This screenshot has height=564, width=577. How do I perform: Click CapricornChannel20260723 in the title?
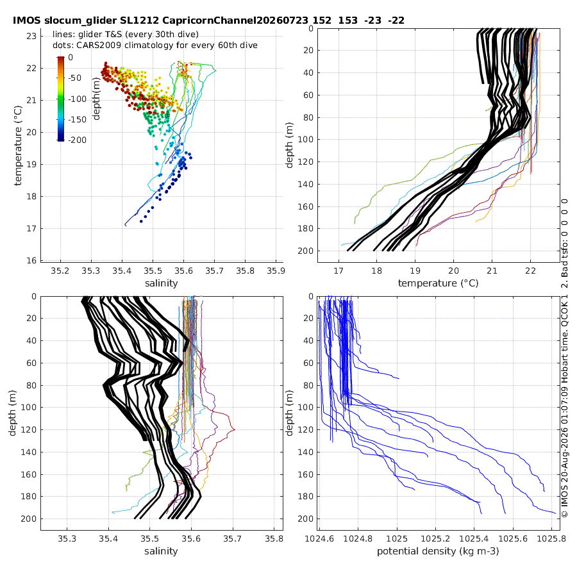tap(235, 21)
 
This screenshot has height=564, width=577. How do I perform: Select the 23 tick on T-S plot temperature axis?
tap(31, 36)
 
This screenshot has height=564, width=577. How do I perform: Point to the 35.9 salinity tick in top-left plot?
tap(276, 270)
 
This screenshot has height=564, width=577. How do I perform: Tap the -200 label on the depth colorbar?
tap(78, 140)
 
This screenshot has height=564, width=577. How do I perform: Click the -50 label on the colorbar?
tap(75, 78)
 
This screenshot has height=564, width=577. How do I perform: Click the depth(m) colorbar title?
tap(96, 99)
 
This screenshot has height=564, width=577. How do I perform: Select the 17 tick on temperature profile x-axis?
tap(338, 270)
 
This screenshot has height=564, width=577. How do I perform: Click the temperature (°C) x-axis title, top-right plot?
tap(439, 283)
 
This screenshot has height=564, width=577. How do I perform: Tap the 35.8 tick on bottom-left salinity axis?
tap(274, 539)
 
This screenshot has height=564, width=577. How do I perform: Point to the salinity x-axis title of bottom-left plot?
tap(161, 551)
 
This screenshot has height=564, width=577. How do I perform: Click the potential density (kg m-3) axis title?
tap(438, 551)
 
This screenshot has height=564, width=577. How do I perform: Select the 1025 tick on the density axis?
tap(397, 539)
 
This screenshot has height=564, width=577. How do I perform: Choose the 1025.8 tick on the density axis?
tap(551, 539)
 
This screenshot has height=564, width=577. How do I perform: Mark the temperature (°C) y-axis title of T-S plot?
tap(18, 145)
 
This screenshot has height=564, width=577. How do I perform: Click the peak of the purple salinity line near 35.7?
tap(235, 429)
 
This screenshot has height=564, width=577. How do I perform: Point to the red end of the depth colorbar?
tap(61, 58)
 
